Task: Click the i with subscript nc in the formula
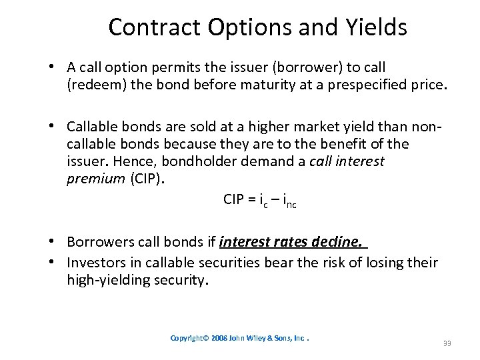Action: [289, 200]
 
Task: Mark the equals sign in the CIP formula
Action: [255, 199]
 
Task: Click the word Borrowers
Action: [101, 242]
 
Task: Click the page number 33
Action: [446, 343]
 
